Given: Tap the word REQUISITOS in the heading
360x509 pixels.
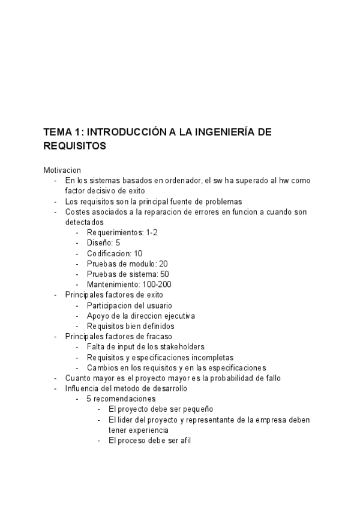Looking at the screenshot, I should click(x=74, y=146).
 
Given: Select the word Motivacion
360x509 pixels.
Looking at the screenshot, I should click(x=62, y=170).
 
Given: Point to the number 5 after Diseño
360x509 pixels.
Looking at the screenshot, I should click(x=118, y=242).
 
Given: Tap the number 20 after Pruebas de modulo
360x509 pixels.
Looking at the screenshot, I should click(x=163, y=264).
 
